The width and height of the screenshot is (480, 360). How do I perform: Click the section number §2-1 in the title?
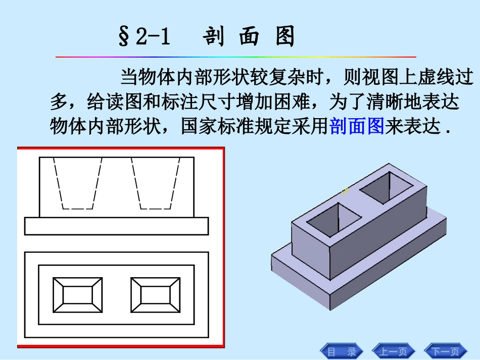(x=145, y=38)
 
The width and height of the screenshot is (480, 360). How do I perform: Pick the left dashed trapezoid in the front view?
(x=78, y=183)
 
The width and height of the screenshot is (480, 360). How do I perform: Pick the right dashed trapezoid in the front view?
(x=155, y=183)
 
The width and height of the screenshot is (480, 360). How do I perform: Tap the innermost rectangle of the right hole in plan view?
(x=155, y=296)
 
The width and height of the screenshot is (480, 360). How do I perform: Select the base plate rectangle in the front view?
(x=116, y=226)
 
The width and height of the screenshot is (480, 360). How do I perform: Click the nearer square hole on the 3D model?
(x=334, y=220)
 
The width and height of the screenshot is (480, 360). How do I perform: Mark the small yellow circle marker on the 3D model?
(x=345, y=190)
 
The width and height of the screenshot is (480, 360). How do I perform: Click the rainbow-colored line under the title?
(x=235, y=57)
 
